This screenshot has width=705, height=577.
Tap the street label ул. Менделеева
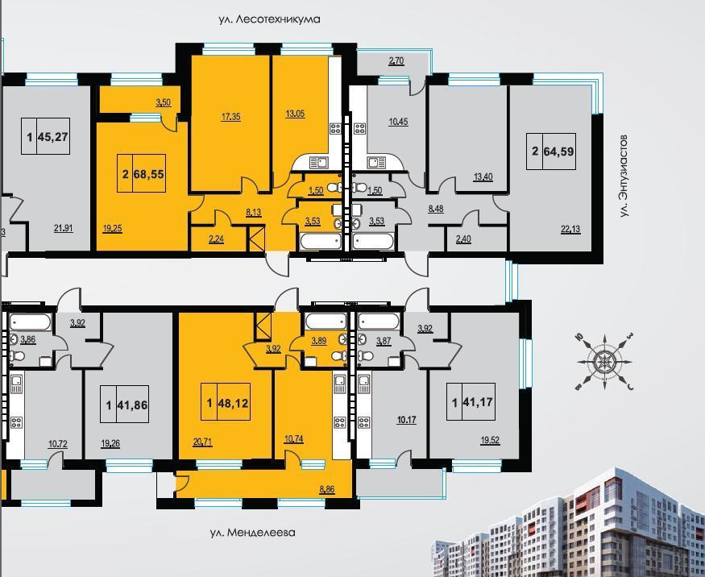[253, 533]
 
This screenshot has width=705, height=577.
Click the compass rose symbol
[605, 362]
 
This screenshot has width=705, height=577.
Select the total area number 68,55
[149, 173]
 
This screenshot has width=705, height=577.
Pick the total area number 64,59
[559, 152]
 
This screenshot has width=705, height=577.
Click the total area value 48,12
[234, 402]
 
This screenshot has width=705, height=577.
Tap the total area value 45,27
[53, 136]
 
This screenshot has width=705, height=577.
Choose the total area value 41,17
[478, 401]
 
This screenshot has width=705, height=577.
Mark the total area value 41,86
[132, 405]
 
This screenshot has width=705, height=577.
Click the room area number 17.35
[230, 117]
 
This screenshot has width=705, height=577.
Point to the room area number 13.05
[295, 114]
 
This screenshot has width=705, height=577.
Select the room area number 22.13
[570, 230]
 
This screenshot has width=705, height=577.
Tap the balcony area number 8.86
[327, 489]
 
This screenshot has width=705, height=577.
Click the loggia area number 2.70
[396, 61]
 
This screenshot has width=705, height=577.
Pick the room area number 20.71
[202, 442]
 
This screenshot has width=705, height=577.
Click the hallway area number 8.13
[254, 212]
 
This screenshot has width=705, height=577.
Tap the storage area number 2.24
[216, 239]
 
